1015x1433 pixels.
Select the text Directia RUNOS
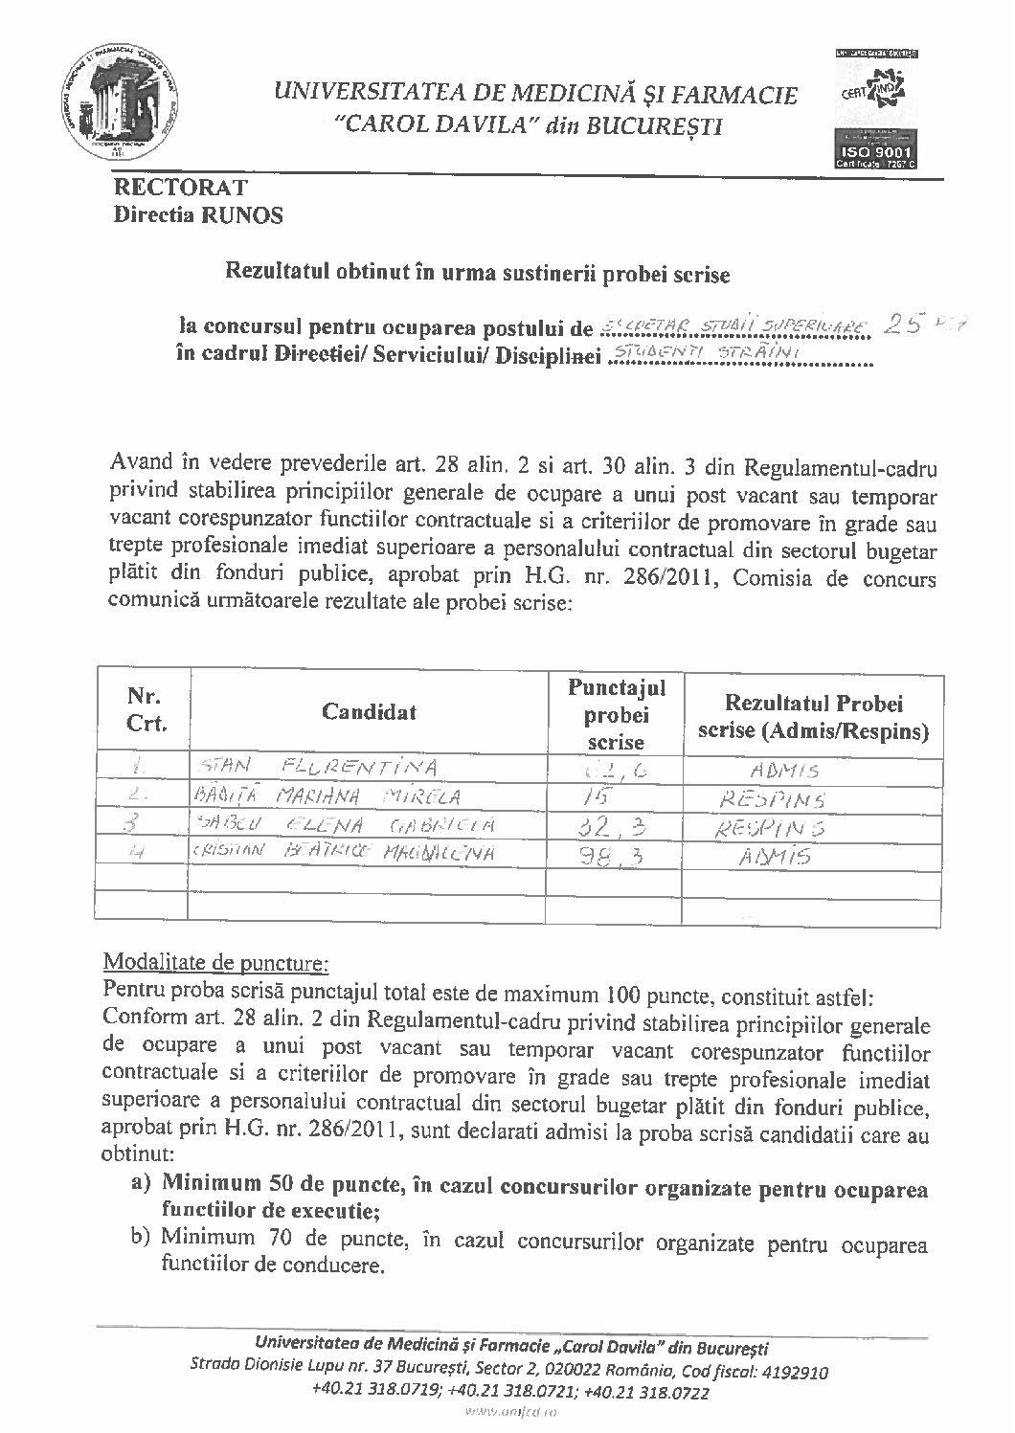click(x=198, y=215)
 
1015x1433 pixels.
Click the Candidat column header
click(x=369, y=711)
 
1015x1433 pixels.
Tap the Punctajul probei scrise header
click(x=616, y=713)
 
